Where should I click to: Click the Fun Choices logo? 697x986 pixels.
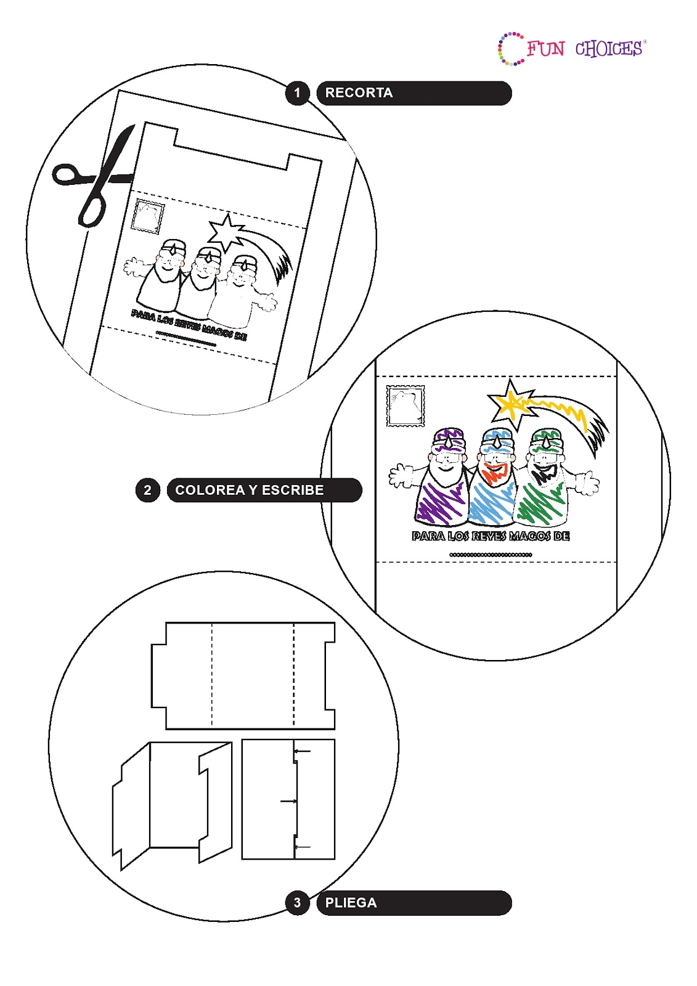(572, 49)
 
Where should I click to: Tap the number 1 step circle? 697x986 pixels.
(298, 93)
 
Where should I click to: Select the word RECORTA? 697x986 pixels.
(359, 93)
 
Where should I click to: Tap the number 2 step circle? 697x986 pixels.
(147, 491)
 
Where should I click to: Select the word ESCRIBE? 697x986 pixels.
(293, 491)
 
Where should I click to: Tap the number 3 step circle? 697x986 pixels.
(298, 903)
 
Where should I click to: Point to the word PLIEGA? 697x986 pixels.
(351, 903)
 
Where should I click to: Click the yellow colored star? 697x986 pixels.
(512, 404)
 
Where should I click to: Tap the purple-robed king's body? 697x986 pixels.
(441, 502)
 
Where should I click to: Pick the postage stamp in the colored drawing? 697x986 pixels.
(406, 405)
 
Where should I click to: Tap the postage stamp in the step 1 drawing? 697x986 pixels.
(148, 216)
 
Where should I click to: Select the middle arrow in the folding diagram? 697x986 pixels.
(288, 801)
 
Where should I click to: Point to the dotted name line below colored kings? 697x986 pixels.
(491, 555)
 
